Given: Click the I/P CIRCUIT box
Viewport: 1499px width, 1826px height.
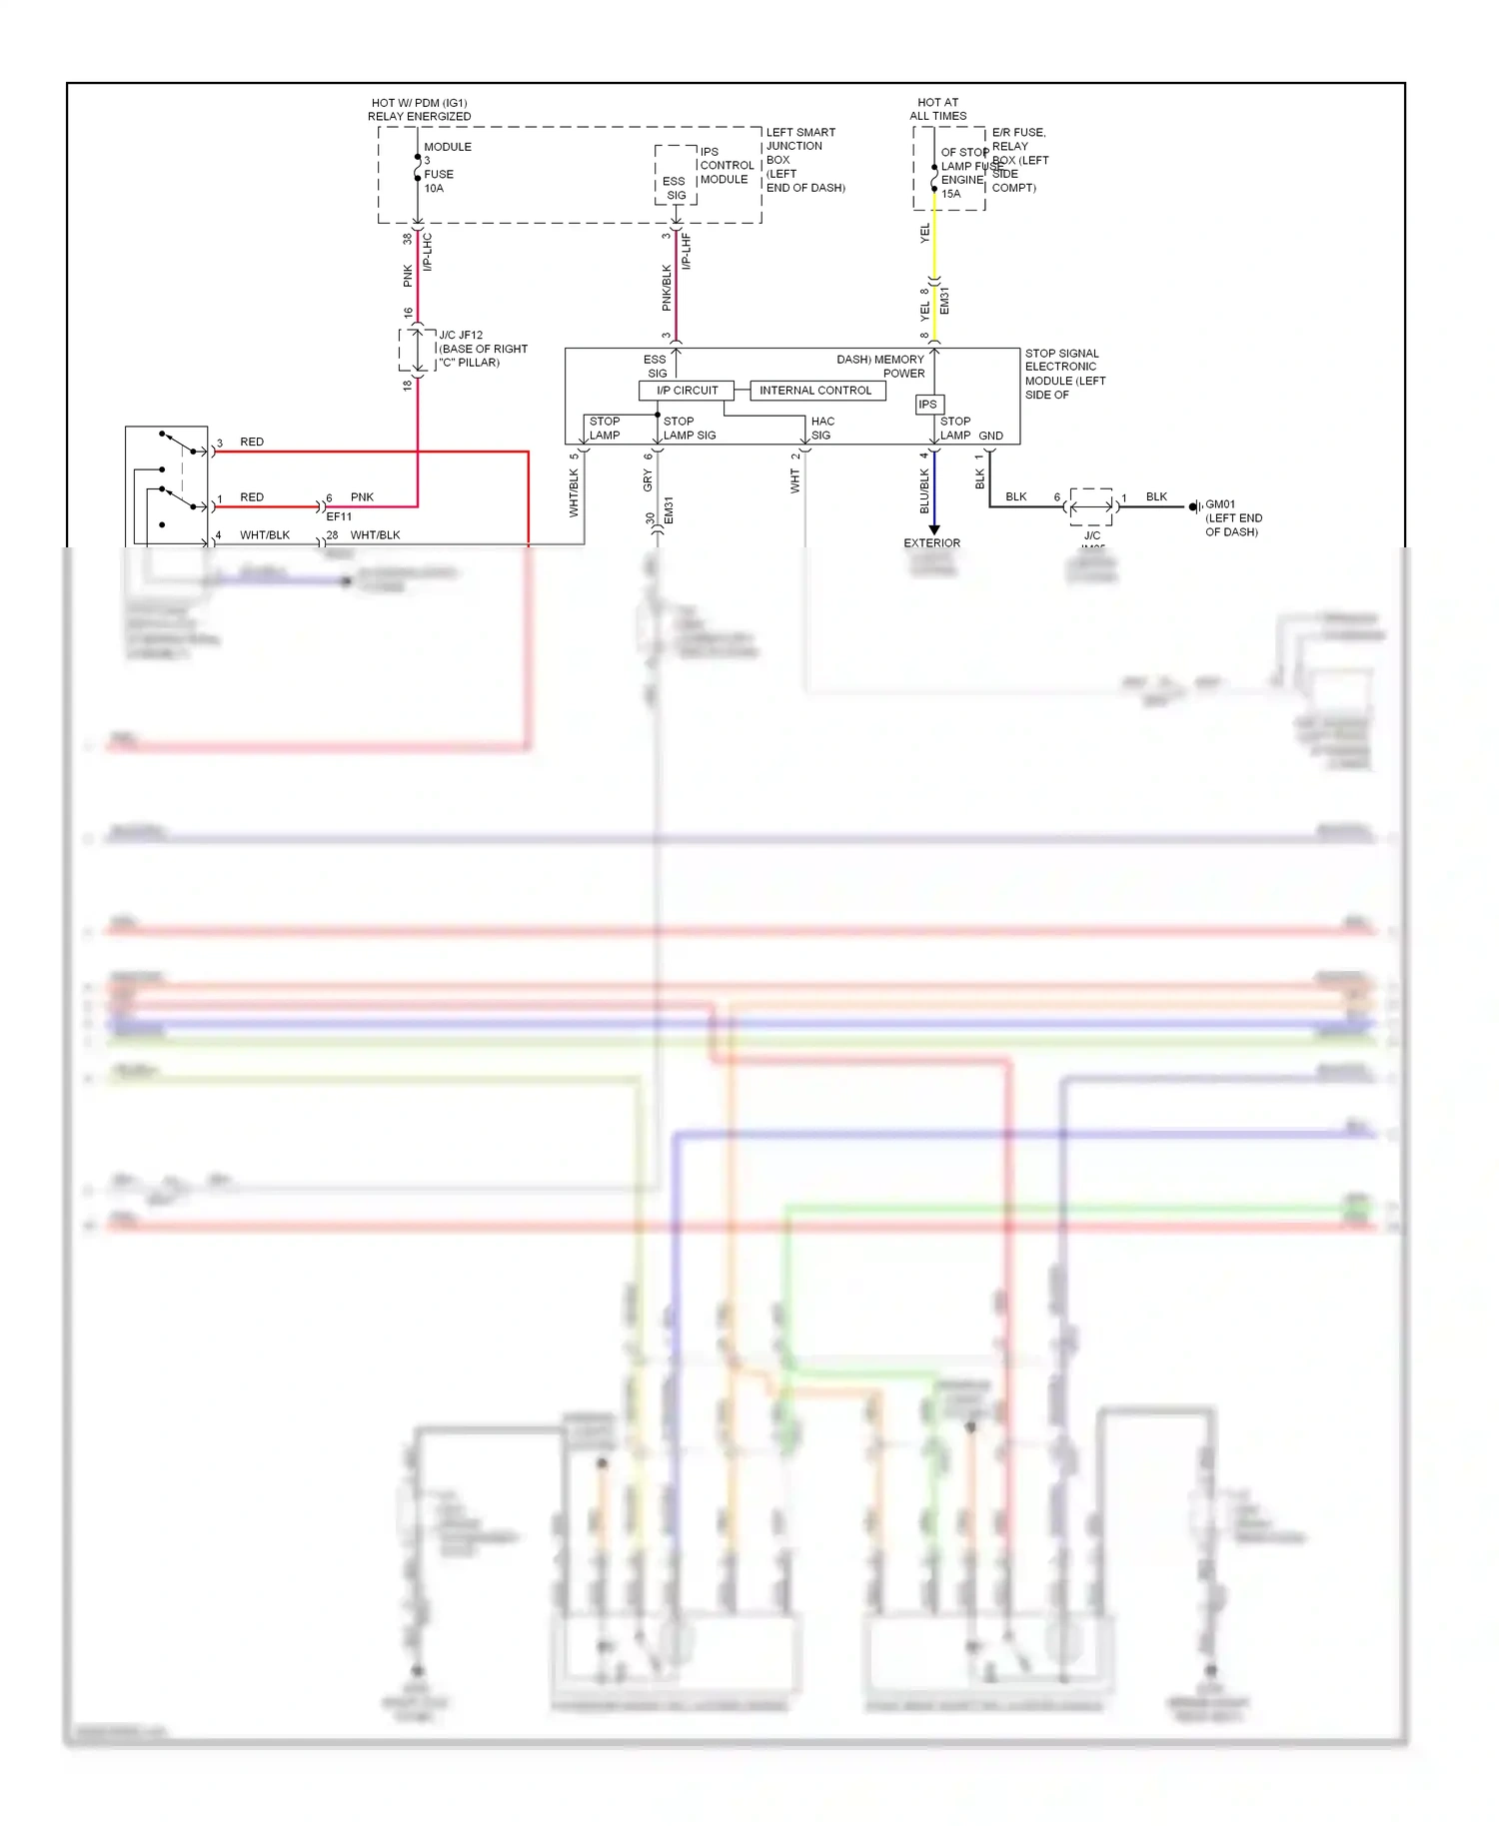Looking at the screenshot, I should pyautogui.click(x=687, y=391).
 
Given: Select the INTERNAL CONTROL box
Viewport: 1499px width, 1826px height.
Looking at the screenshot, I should pyautogui.click(x=815, y=391).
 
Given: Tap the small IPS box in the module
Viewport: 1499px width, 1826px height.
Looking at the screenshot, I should pyautogui.click(x=928, y=405).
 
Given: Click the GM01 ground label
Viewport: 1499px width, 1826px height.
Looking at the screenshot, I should pyautogui.click(x=1220, y=504).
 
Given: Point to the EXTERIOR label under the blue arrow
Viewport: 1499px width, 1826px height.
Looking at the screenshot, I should pyautogui.click(x=931, y=543).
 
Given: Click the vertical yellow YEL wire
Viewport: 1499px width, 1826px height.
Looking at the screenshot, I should pyautogui.click(x=934, y=240).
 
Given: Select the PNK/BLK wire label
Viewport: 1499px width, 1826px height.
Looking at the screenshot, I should pyautogui.click(x=667, y=287).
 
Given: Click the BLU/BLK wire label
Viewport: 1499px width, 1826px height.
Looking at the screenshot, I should pyautogui.click(x=924, y=490).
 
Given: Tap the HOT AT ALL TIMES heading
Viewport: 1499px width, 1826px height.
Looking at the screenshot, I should pyautogui.click(x=937, y=109).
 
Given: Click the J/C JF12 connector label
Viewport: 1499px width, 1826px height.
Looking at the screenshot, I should pyautogui.click(x=461, y=336).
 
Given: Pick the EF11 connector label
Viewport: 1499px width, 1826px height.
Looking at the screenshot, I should pyautogui.click(x=339, y=517).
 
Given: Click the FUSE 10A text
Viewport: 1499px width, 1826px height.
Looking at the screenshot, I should pyautogui.click(x=438, y=181).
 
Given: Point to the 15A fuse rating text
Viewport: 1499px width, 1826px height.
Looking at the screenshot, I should pyautogui.click(x=950, y=194).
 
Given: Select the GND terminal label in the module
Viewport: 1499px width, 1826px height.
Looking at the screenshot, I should pyautogui.click(x=990, y=436).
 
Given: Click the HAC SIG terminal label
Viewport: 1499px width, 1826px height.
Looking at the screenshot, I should pyautogui.click(x=821, y=429).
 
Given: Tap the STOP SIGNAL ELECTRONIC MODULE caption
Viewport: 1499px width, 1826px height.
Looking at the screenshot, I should pyautogui.click(x=1064, y=374).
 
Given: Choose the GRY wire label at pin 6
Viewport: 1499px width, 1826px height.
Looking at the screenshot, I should pyautogui.click(x=647, y=481).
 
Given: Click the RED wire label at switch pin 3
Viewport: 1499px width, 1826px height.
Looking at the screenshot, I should pyautogui.click(x=252, y=442).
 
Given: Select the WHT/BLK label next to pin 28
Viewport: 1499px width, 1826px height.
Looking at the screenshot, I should pyautogui.click(x=375, y=535).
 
